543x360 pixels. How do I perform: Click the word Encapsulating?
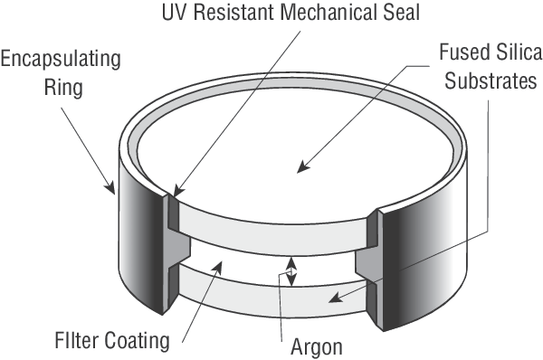pos(61,60)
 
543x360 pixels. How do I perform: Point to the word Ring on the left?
pos(63,87)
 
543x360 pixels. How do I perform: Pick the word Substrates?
pos(491,81)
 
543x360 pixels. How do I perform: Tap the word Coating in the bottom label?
pos(137,341)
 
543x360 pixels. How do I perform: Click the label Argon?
pos(317,346)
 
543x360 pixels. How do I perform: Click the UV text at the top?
pos(174,12)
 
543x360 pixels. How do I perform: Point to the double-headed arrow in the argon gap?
pos(292,271)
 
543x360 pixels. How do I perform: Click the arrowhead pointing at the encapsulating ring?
pos(110,187)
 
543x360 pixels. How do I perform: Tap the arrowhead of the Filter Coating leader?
pos(218,268)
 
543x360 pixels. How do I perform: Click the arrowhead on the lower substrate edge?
pos(335,298)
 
